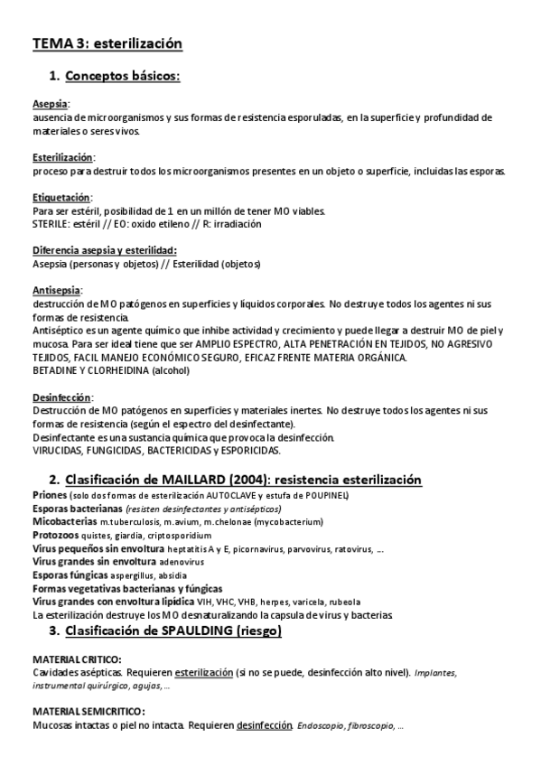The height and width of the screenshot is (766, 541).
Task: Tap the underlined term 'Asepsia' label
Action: point(50,104)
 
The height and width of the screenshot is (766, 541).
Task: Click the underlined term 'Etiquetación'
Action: point(61,197)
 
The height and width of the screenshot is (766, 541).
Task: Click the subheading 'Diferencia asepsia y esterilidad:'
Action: point(104,250)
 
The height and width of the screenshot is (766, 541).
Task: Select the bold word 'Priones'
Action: point(50,496)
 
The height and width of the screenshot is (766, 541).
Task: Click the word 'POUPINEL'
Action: point(321,496)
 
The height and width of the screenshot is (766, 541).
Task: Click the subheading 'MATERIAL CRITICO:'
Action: point(78,659)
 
